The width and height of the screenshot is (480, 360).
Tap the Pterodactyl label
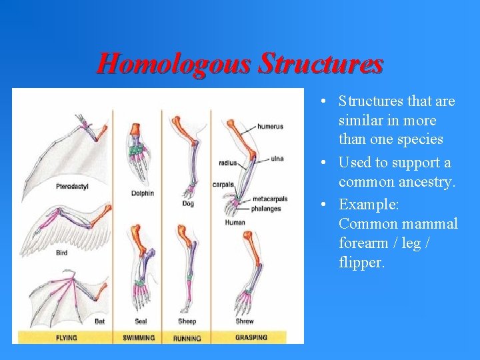pyautogui.click(x=73, y=186)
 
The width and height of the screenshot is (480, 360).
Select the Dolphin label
pyautogui.click(x=143, y=193)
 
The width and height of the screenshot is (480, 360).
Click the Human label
pyautogui.click(x=235, y=223)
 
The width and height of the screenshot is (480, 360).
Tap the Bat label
pyautogui.click(x=99, y=321)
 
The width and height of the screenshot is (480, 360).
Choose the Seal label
pyautogui.click(x=141, y=321)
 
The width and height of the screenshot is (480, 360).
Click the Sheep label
pyautogui.click(x=187, y=321)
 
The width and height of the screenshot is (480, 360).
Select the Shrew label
pyautogui.click(x=244, y=321)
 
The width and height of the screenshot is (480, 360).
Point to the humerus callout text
pyautogui.click(x=270, y=126)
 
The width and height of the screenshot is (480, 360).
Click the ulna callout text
pyautogui.click(x=277, y=159)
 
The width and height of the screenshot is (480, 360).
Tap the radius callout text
pyautogui.click(x=227, y=163)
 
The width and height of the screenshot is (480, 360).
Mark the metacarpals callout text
pyautogui.click(x=270, y=199)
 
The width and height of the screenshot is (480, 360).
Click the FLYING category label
pyautogui.click(x=66, y=337)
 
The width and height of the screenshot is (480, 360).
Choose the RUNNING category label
pyautogui.click(x=187, y=338)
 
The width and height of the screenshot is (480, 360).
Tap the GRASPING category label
pyautogui.click(x=251, y=337)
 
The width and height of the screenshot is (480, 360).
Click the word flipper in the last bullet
pyautogui.click(x=361, y=263)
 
